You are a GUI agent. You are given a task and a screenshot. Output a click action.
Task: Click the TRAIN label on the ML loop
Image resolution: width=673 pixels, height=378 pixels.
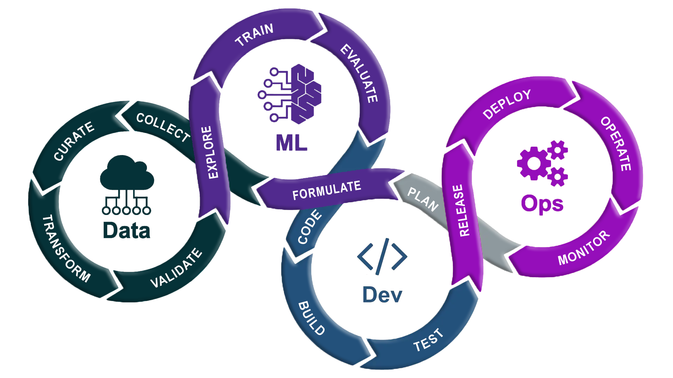pos(254,35)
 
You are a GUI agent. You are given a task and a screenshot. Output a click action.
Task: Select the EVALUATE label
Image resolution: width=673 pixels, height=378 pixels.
pos(360,73)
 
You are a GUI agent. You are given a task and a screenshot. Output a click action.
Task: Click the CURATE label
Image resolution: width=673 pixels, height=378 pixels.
pos(74,141)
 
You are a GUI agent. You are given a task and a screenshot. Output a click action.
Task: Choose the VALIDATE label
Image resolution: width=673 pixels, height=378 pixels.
pos(176,268)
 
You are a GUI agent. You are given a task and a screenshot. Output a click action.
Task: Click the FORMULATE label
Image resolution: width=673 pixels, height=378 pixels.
pos(327,190)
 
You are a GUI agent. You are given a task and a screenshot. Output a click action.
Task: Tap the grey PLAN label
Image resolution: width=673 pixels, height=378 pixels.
pos(423,199)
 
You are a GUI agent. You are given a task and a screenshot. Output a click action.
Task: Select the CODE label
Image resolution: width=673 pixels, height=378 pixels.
pos(310,227)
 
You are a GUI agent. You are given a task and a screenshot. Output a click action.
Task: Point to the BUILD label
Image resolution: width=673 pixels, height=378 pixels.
pos(311,318)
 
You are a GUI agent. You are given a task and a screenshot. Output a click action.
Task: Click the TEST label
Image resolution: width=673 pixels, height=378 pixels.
pos(428,340)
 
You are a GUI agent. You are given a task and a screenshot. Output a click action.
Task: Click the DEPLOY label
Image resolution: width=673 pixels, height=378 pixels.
pos(507,104)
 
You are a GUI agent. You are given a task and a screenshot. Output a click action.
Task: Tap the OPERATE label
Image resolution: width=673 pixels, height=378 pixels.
pos(616,144)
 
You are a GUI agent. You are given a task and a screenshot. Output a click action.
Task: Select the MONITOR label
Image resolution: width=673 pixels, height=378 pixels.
pos(584,248)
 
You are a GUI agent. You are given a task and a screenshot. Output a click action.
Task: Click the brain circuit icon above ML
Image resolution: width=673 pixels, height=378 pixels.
pos(290,94)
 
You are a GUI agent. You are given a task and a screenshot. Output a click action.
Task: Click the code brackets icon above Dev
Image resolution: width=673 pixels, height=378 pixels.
pos(382,257)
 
